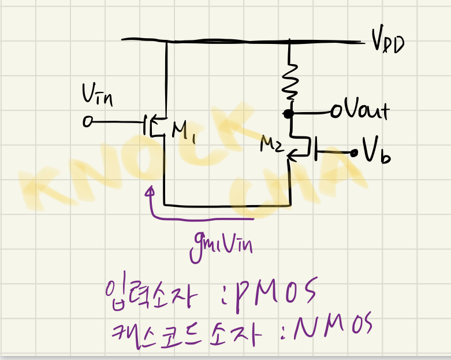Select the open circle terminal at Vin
[x=87, y=123]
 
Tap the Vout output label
[x=364, y=110]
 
